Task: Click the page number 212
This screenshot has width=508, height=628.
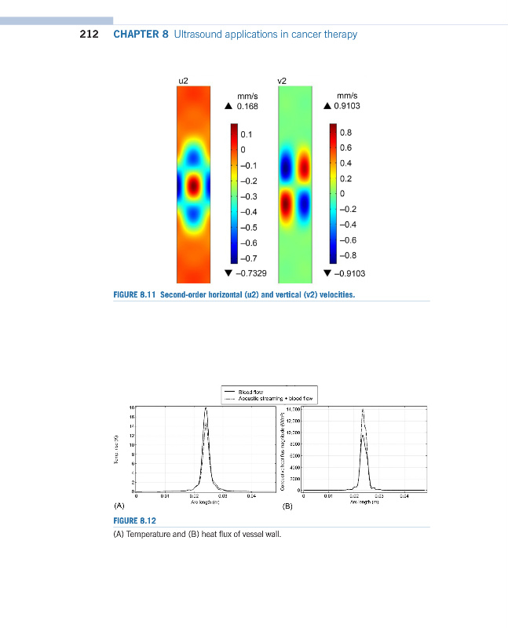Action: pyautogui.click(x=89, y=35)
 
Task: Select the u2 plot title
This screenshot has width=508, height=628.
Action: pyautogui.click(x=184, y=81)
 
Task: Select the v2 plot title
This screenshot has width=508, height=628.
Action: pyautogui.click(x=283, y=81)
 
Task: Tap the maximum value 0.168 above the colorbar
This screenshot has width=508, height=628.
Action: pyautogui.click(x=247, y=106)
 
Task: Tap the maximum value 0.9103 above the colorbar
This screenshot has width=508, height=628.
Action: pyautogui.click(x=347, y=106)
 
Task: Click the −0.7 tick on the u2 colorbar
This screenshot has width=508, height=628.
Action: pyautogui.click(x=248, y=258)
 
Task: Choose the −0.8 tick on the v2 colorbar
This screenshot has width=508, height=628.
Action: pyautogui.click(x=348, y=255)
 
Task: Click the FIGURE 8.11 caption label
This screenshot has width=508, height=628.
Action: pyautogui.click(x=136, y=295)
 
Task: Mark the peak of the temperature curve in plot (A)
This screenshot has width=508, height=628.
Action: pyautogui.click(x=206, y=408)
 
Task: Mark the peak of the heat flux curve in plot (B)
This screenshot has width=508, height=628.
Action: pyautogui.click(x=363, y=409)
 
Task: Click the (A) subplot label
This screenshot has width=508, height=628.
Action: pyautogui.click(x=119, y=506)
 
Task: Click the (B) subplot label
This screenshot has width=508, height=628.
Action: pyautogui.click(x=287, y=506)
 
